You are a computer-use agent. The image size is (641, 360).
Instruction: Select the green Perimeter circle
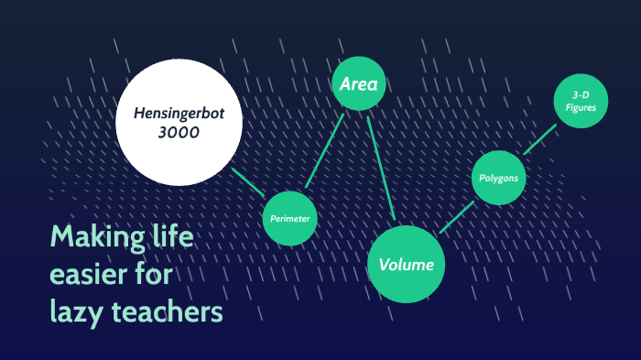point(290,219)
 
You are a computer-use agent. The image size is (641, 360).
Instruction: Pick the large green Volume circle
point(406,264)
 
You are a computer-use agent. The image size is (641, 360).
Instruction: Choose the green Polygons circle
point(500,179)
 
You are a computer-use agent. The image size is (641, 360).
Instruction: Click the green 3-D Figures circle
point(580,102)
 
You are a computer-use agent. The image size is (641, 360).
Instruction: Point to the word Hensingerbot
point(179,114)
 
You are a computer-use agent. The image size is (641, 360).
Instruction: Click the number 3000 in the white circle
point(179,133)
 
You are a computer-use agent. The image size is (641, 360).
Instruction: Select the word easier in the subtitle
point(90,275)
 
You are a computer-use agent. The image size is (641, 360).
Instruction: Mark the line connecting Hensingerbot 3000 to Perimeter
point(249,181)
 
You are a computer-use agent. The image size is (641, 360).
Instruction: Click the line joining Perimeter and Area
point(325,151)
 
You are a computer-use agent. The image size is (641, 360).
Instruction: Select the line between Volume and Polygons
point(456,217)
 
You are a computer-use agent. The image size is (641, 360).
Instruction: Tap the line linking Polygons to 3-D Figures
point(539,140)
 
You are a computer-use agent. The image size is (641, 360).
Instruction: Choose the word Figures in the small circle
point(580,108)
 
